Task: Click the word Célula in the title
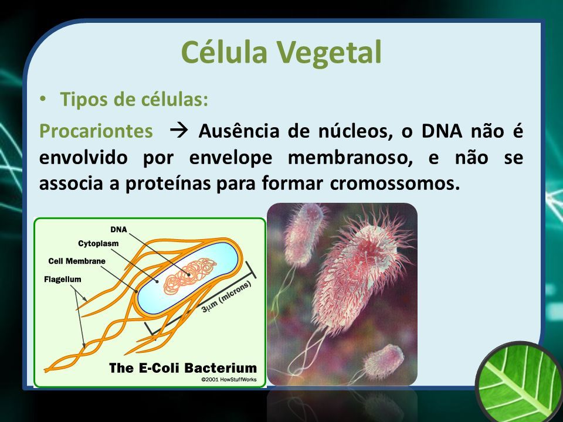coord(225,52)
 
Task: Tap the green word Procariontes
coord(96,131)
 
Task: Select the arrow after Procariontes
coord(178,131)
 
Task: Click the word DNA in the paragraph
coord(442,131)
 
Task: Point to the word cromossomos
coord(395,183)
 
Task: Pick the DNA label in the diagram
coord(118,229)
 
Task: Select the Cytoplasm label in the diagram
coord(98,244)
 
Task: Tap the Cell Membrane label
coord(77,261)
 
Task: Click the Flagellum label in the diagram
coord(63,279)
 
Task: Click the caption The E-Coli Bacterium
coord(183,368)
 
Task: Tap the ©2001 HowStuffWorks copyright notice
coord(229,379)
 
